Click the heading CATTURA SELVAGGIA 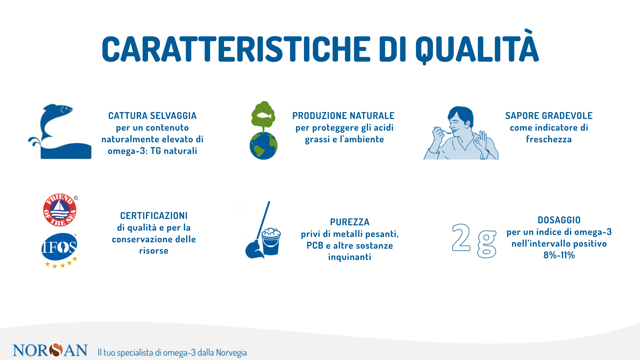point(152,116)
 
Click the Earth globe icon point(263,146)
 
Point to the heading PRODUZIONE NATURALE point(343,116)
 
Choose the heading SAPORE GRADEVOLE point(549,116)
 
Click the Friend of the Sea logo point(60,210)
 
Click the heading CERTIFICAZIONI point(154,216)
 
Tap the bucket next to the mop point(271,241)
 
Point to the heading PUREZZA point(350,222)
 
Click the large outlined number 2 point(461,237)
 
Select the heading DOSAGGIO point(559,220)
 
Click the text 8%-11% point(559,255)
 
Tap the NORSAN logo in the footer point(50,350)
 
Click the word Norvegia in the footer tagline point(231,353)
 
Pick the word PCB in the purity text point(315,245)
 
